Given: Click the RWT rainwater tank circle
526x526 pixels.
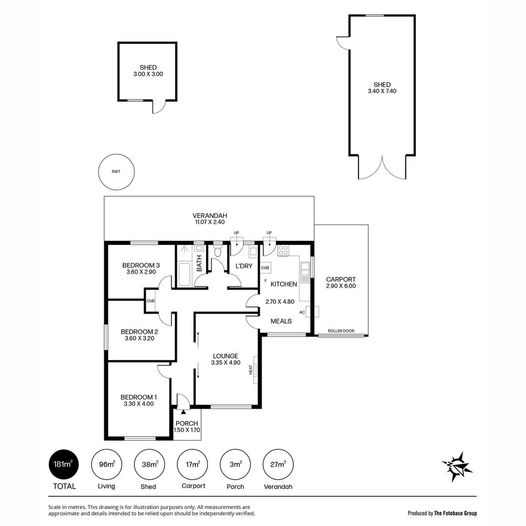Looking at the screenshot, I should point(116,171).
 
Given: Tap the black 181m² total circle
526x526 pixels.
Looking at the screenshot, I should point(64,464).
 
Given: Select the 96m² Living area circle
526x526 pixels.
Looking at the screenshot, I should point(106,464).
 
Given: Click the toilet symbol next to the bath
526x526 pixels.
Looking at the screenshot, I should point(217,251).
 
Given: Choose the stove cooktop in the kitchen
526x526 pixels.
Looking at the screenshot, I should point(283,251).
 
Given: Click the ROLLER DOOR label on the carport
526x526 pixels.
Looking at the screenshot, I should point(341,331).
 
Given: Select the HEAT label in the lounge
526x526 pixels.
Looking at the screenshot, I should point(251,370).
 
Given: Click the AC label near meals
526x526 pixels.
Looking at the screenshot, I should point(302,312).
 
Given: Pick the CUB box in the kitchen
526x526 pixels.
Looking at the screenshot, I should point(265,268).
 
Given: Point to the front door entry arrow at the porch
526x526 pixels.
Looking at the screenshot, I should point(183,412).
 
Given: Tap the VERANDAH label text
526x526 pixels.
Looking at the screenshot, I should point(209,216).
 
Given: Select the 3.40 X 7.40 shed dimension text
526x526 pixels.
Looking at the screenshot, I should point(382,91).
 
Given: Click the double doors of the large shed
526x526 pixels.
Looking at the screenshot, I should point(382,168).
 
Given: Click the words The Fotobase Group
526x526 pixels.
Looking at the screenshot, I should point(455,513).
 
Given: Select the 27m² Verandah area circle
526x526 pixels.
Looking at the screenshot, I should point(278,464).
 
